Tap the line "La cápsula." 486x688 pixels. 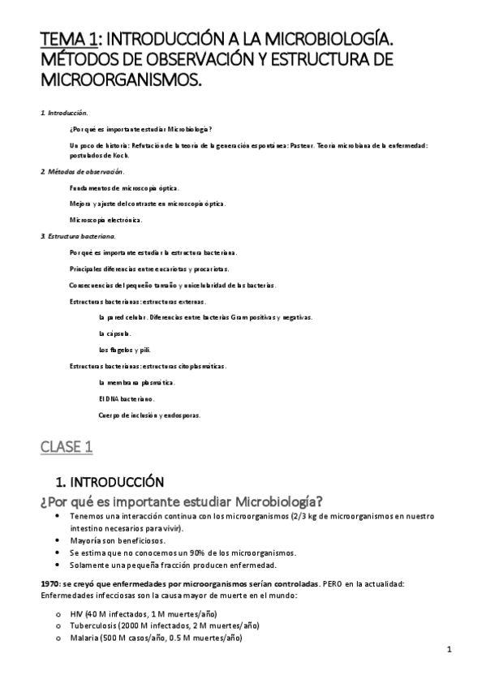[114, 333]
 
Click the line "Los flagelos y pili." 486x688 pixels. [124, 350]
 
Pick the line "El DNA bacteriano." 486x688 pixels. [126, 398]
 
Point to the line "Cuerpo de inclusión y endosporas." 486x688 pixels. [149, 415]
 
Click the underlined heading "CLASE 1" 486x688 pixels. [67, 445]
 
